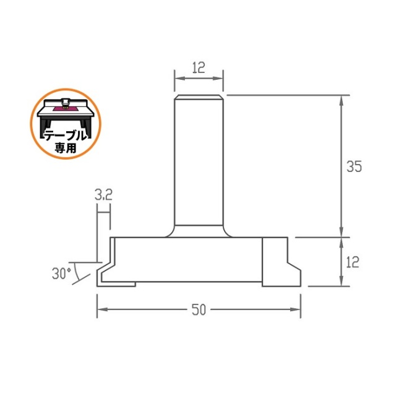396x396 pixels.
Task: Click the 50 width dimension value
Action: point(199,309)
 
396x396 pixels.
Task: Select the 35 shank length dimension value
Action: point(354,166)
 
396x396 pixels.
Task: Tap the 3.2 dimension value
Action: point(103,195)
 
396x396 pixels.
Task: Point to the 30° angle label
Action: point(61,273)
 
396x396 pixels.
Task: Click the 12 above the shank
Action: point(199,67)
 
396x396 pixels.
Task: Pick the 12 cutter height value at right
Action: point(352,262)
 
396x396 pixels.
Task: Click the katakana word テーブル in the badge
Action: point(66,136)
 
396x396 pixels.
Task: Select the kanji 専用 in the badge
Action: point(66,148)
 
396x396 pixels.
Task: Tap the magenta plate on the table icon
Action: point(66,109)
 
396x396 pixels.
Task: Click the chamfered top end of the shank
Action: point(199,97)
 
